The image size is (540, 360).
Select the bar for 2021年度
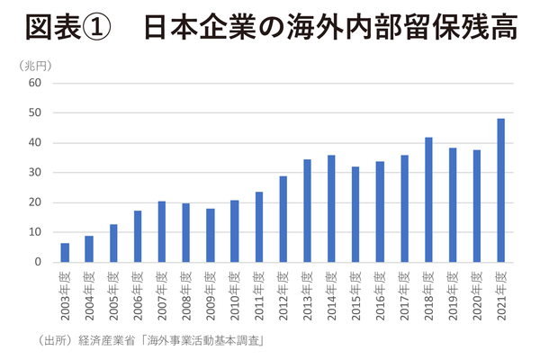[x=500, y=190]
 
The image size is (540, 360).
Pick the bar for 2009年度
[x=210, y=235]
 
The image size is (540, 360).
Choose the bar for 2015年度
[x=355, y=214]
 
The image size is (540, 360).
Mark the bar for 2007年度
[x=162, y=231]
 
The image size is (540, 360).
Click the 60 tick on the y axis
[x=36, y=83]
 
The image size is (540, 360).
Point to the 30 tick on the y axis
[x=36, y=173]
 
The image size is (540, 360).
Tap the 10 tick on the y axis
[x=36, y=232]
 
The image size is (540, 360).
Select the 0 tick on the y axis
[x=40, y=262]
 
